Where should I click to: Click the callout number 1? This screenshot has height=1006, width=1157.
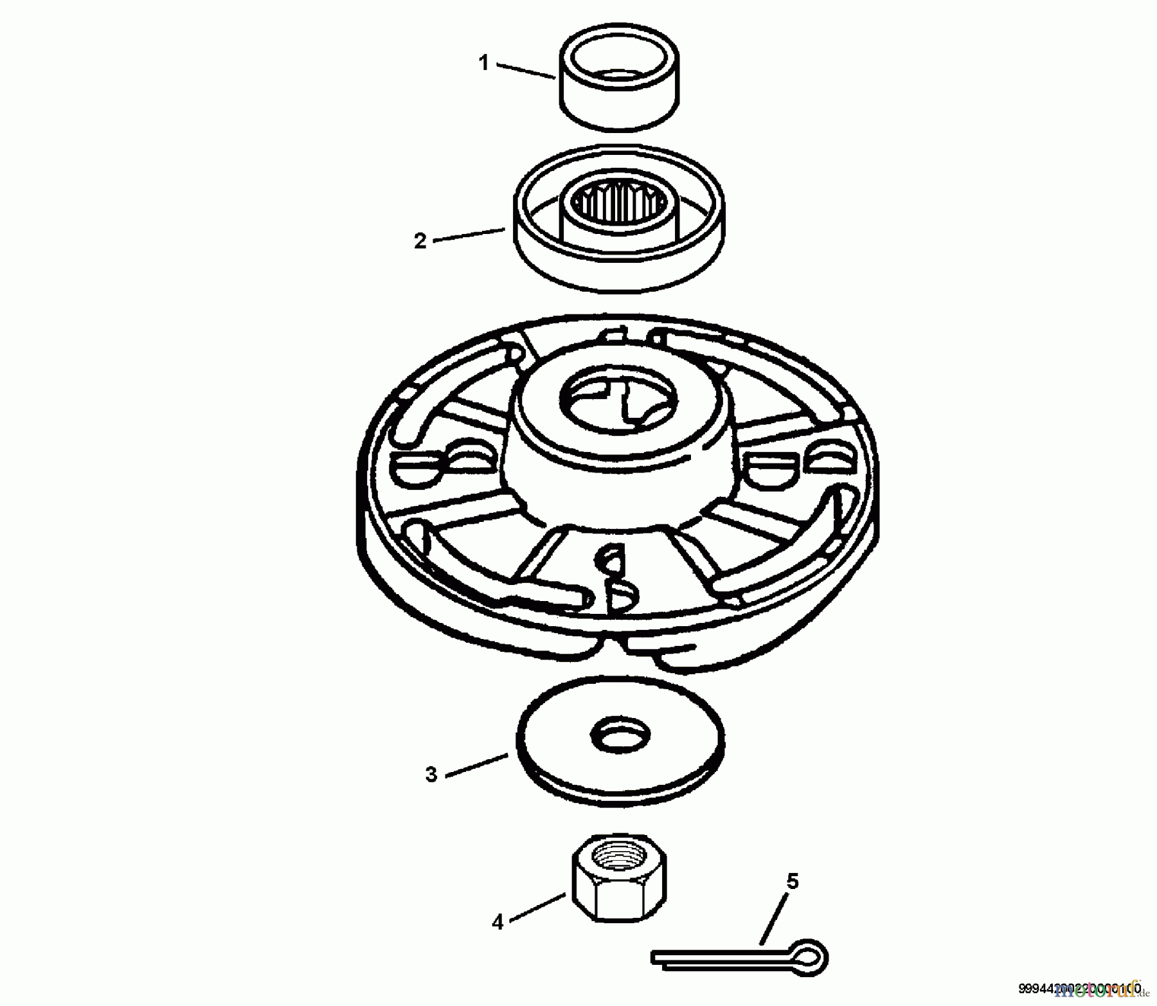tap(485, 63)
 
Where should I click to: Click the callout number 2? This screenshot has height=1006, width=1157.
tap(420, 241)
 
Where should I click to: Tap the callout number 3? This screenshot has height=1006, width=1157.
tap(431, 775)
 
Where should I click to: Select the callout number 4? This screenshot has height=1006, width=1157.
tap(498, 922)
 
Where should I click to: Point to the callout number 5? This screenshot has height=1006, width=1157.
tap(793, 881)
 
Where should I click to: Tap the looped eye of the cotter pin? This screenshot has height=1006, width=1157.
tap(812, 958)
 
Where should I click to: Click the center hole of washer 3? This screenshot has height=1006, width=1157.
tap(620, 734)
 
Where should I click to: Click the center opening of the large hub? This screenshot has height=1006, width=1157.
tap(618, 402)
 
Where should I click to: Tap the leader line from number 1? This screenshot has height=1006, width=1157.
tap(524, 71)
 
